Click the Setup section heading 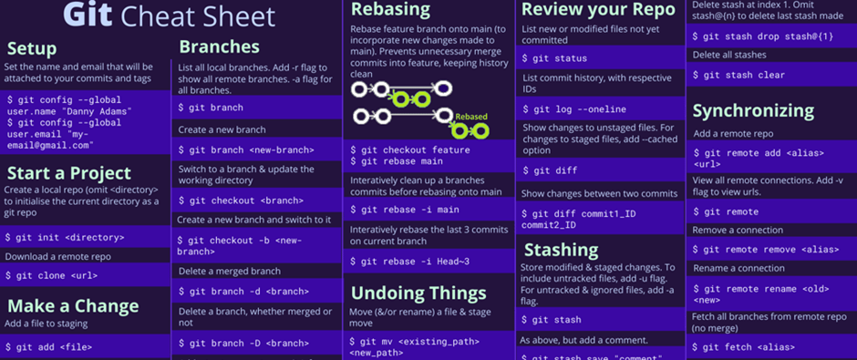32,48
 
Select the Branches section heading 219,46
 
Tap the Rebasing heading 390,10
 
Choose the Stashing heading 562,250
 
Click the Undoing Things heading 418,293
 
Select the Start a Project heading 69,172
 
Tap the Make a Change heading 74,305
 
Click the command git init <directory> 65,237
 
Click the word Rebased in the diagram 471,117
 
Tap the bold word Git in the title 88,15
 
